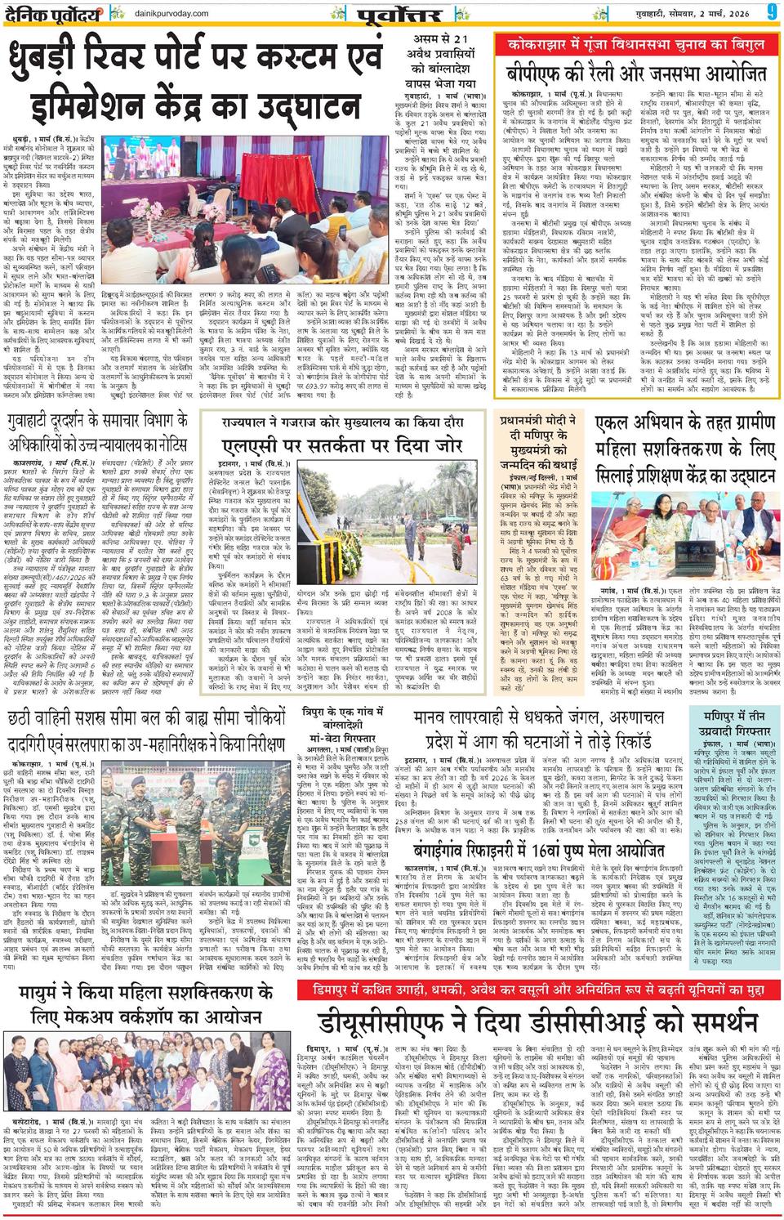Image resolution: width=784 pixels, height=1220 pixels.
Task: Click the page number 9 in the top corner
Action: [x=770, y=13]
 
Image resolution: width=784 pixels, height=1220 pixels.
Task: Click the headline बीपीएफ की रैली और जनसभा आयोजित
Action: [x=635, y=72]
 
